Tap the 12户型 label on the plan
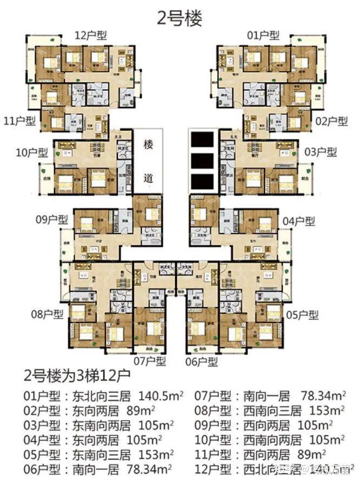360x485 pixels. click(x=91, y=36)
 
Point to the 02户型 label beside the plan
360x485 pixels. click(x=331, y=121)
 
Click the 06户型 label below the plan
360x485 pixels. click(x=202, y=361)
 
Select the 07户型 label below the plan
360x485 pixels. click(x=150, y=361)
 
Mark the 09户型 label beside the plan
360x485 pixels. click(x=52, y=220)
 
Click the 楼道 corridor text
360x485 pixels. click(x=149, y=160)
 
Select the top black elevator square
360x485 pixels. click(x=202, y=139)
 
